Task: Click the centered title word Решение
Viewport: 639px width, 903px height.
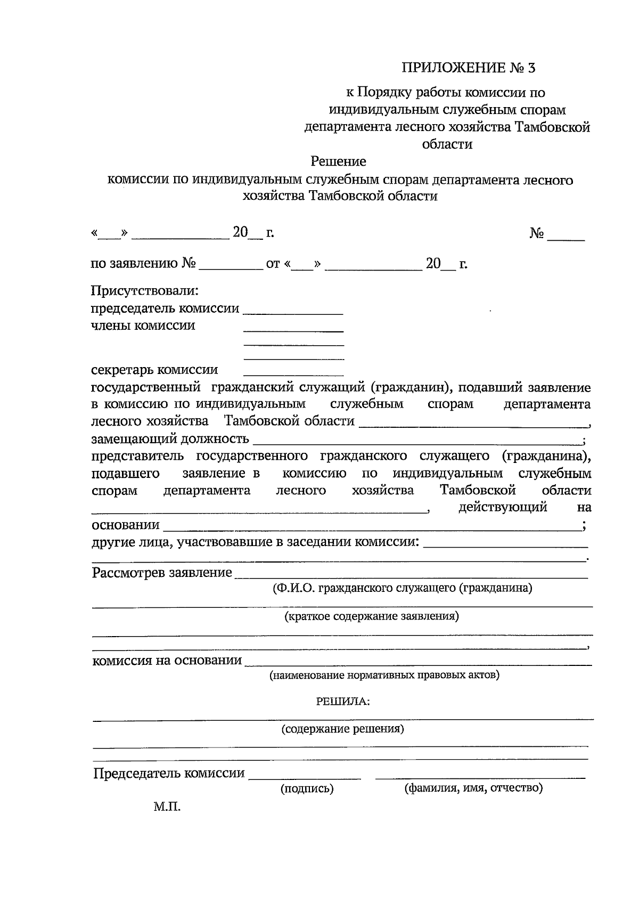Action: click(338, 161)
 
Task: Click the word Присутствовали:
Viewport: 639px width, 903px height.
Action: click(144, 291)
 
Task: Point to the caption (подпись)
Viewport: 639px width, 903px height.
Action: click(307, 789)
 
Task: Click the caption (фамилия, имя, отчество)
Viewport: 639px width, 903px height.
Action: click(473, 788)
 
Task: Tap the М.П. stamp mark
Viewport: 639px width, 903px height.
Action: click(167, 807)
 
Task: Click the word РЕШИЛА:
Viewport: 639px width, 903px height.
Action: click(343, 701)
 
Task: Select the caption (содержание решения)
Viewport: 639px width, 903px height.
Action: click(342, 729)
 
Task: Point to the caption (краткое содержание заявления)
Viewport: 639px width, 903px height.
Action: click(371, 616)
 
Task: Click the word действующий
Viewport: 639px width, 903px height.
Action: click(503, 507)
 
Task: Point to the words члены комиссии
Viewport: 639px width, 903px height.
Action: click(143, 326)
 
